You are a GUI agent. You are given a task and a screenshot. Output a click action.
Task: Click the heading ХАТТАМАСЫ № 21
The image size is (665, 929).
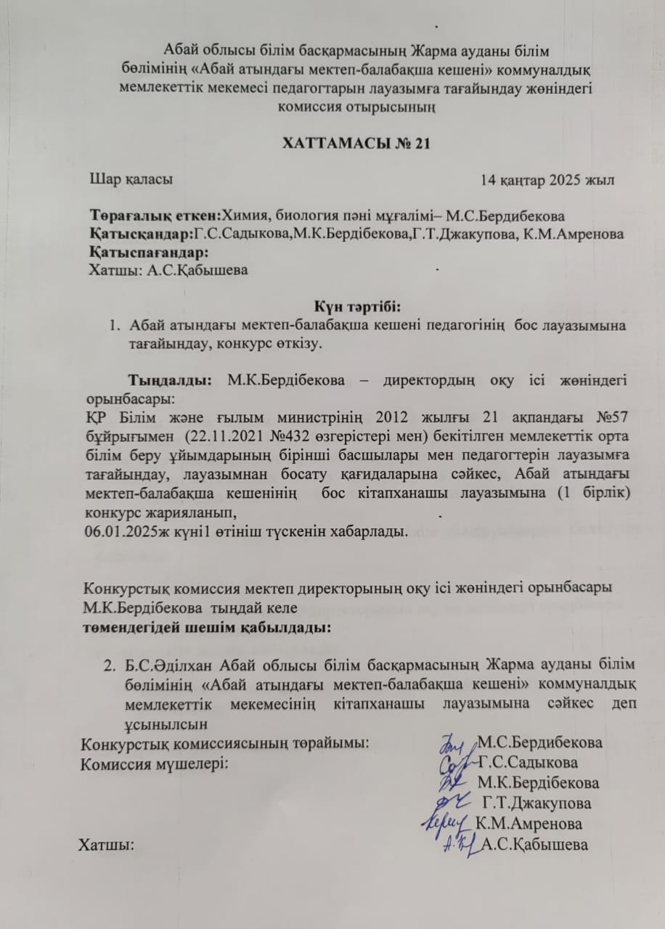[356, 143]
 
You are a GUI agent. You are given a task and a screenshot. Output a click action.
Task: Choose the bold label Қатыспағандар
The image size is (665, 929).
[149, 252]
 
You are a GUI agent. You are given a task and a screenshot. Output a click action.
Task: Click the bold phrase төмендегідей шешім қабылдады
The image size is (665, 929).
[205, 626]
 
